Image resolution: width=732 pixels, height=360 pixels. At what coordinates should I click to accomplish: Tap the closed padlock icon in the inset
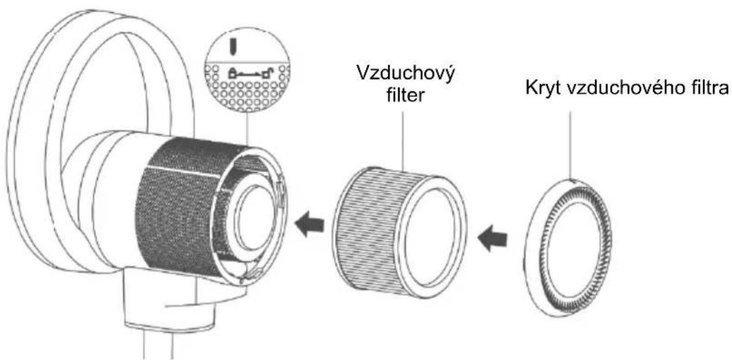pyautogui.click(x=233, y=71)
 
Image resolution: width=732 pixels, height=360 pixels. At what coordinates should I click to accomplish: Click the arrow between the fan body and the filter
pyautogui.click(x=310, y=223)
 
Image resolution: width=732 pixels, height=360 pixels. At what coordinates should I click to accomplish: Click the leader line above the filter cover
pyautogui.click(x=570, y=145)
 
